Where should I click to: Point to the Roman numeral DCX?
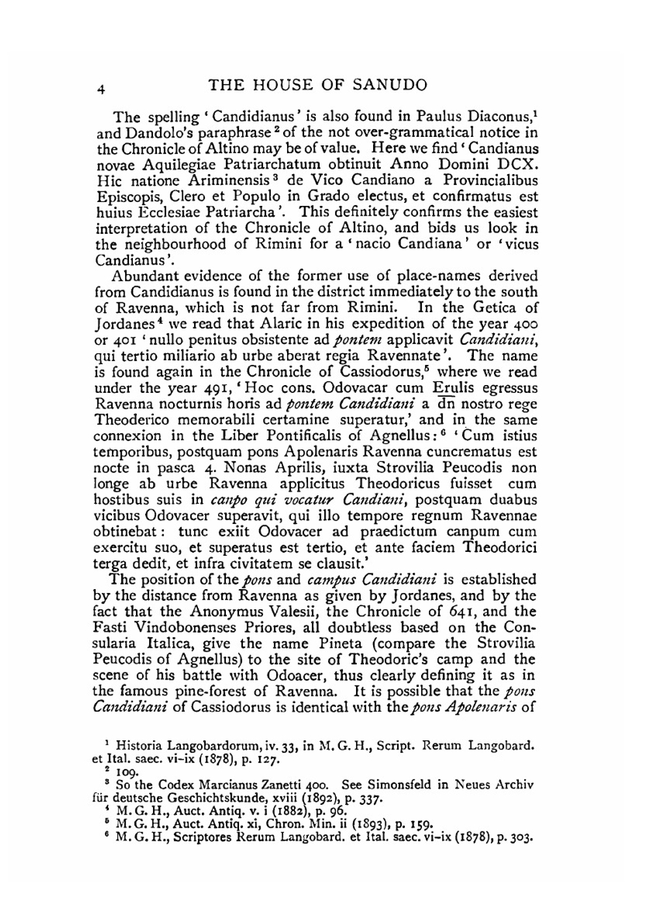click(x=518, y=165)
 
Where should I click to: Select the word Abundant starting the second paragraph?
click(x=146, y=276)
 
